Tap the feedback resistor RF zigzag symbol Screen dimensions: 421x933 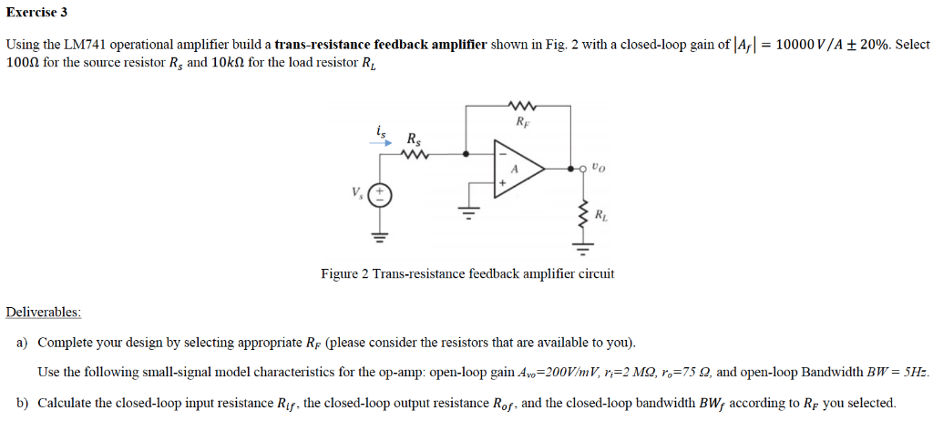pyautogui.click(x=520, y=105)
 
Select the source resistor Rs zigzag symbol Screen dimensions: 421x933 pyautogui.click(x=415, y=154)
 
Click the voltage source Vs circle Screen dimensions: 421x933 pyautogui.click(x=381, y=195)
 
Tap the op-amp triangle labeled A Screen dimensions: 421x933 pyautogui.click(x=517, y=169)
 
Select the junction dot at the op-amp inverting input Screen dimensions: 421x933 pyautogui.click(x=467, y=154)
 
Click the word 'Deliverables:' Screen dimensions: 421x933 pyautogui.click(x=44, y=313)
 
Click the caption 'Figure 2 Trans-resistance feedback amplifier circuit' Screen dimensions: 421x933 pyautogui.click(x=467, y=273)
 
